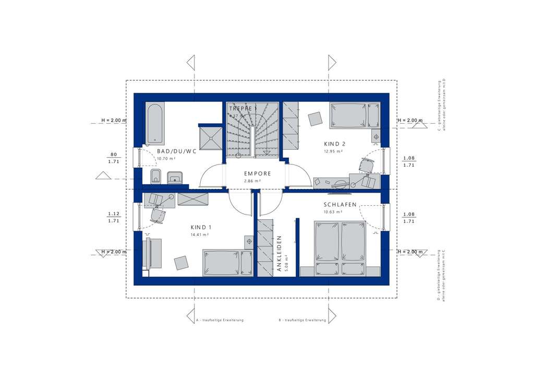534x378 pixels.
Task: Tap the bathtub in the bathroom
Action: (155, 124)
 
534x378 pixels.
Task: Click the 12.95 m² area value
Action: (332, 151)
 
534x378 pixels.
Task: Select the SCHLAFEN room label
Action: (339, 205)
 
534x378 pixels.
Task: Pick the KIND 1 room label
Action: (201, 228)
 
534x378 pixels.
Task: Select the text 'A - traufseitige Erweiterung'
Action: (220, 320)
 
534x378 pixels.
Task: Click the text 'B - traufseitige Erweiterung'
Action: (302, 320)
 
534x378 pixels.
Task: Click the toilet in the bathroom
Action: (155, 176)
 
